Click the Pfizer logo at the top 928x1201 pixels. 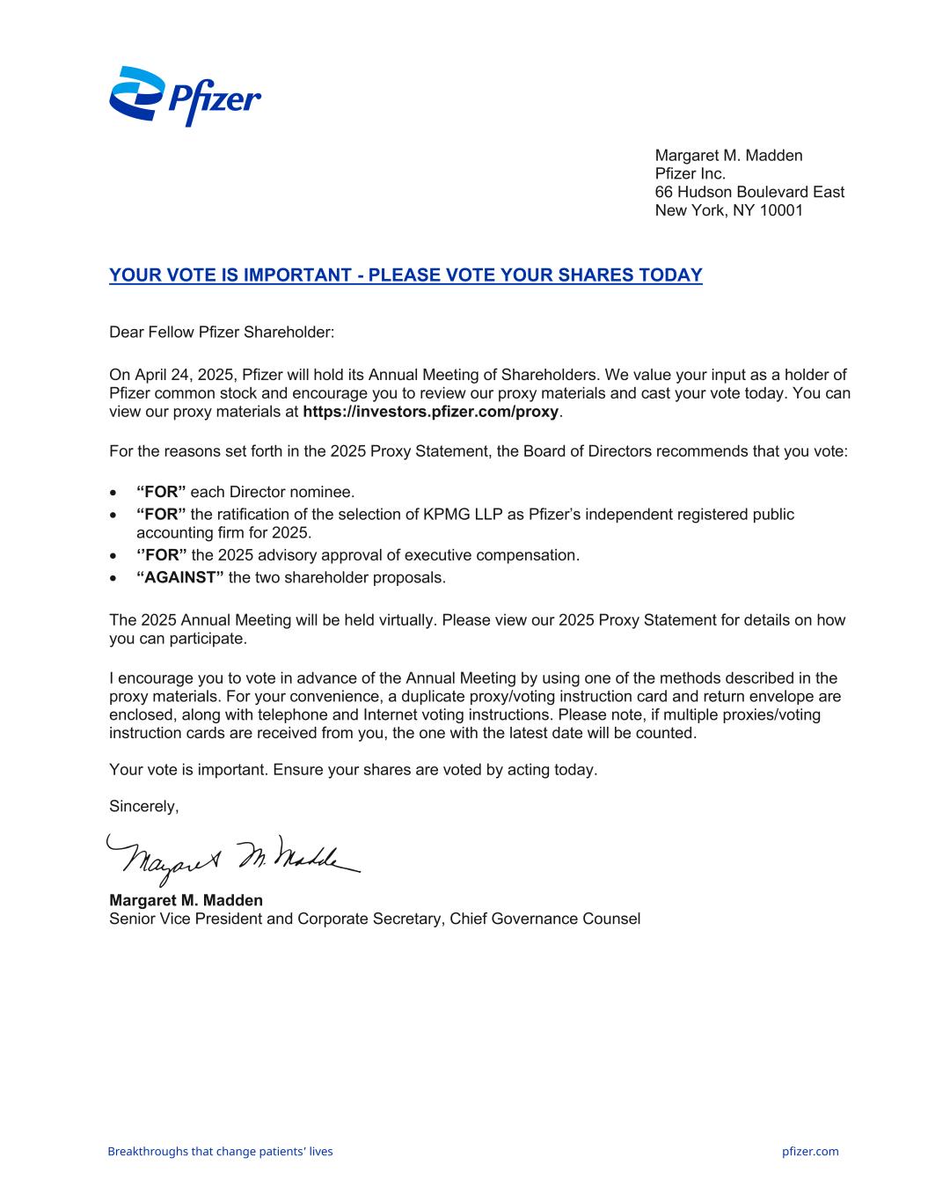185,96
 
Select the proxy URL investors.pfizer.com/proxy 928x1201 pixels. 430,412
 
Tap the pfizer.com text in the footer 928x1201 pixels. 809,1151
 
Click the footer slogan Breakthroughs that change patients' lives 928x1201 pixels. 220,1151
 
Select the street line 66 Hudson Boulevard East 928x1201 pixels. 749,192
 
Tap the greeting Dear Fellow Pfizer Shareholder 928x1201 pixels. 222,333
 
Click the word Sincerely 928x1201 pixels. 143,806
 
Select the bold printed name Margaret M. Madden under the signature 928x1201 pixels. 186,900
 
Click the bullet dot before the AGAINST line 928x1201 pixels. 113,579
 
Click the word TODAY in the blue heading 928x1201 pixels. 670,275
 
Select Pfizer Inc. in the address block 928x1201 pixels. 691,173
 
